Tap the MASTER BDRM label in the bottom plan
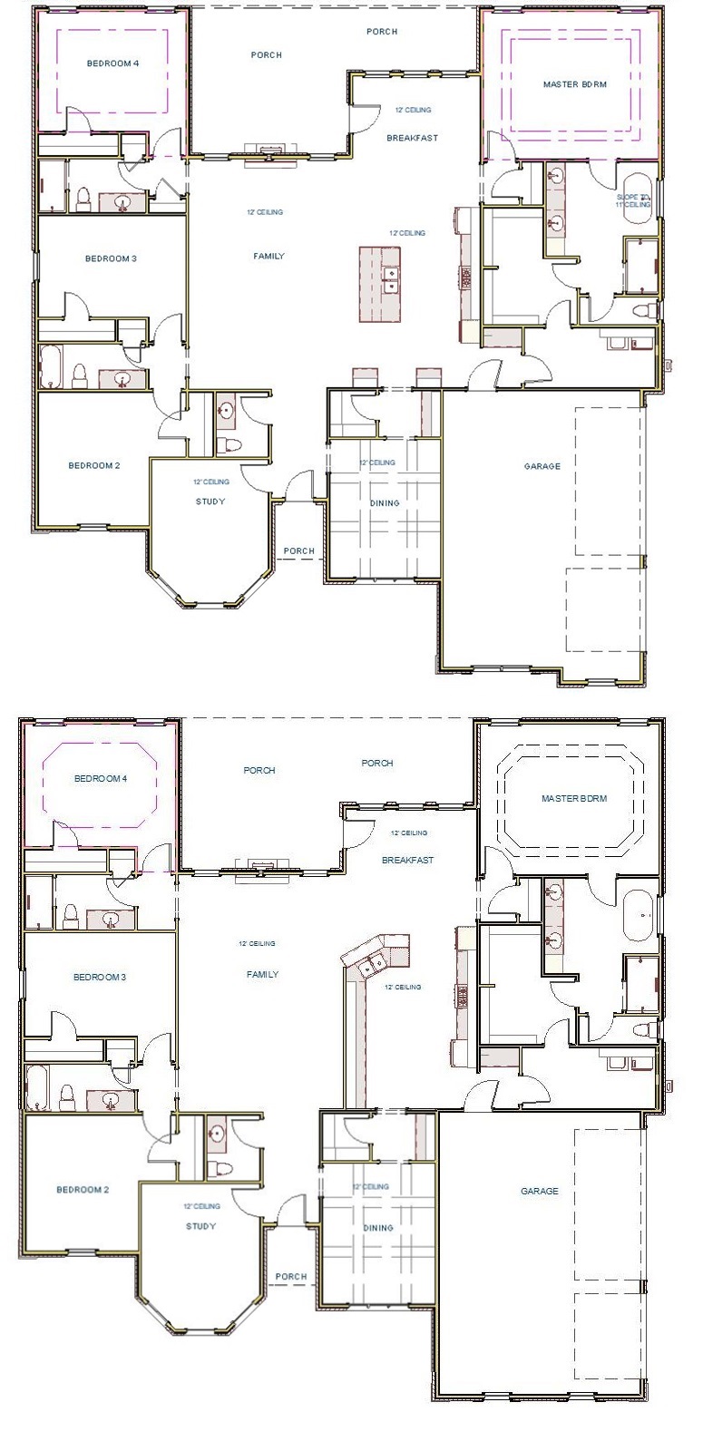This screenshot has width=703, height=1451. (573, 799)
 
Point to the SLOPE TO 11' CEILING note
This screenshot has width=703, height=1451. (633, 200)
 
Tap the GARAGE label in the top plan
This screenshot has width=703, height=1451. (542, 466)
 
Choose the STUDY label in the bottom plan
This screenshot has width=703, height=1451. (200, 1226)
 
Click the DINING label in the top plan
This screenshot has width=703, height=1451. (385, 502)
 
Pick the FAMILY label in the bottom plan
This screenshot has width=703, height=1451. (262, 974)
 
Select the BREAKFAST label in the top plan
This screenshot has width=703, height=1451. (412, 138)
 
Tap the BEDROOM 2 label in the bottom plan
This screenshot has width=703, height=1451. (83, 1190)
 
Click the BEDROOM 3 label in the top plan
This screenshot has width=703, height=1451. (111, 258)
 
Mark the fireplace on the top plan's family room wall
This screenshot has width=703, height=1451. (269, 151)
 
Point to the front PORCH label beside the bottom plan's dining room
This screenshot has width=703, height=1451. (291, 1276)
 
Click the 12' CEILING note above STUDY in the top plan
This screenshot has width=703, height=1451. (210, 482)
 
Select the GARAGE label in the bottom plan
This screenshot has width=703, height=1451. (539, 1191)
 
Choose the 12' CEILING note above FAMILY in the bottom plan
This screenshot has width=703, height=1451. (257, 943)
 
